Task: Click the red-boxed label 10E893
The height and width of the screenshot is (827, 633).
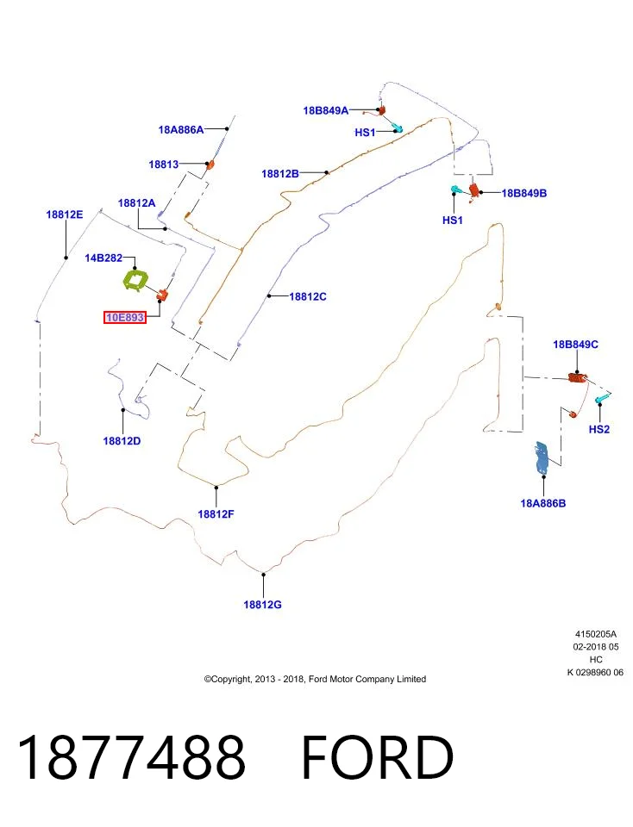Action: (124, 318)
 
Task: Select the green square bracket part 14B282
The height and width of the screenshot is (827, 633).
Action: (135, 280)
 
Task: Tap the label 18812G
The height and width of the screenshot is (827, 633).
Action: (262, 605)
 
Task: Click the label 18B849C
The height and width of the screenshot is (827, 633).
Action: (575, 345)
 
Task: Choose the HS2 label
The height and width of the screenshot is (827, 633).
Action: (599, 429)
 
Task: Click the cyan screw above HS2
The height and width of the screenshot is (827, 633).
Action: (600, 399)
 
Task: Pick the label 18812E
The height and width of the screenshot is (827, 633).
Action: (65, 215)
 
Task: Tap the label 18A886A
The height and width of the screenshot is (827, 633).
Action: (181, 130)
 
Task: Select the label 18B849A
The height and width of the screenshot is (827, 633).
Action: (326, 111)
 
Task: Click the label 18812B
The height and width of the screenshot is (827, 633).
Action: (280, 173)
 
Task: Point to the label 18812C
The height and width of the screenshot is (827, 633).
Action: (308, 297)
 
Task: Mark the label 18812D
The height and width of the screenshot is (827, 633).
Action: (122, 441)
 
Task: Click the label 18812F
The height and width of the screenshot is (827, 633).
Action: (216, 514)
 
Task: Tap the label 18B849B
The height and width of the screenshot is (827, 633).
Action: (524, 194)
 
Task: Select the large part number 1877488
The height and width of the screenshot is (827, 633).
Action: (131, 758)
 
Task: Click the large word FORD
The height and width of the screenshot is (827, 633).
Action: (378, 758)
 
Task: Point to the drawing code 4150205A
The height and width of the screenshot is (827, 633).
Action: (596, 635)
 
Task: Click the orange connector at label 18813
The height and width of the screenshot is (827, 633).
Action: (210, 165)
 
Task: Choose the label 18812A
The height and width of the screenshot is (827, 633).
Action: (137, 203)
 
